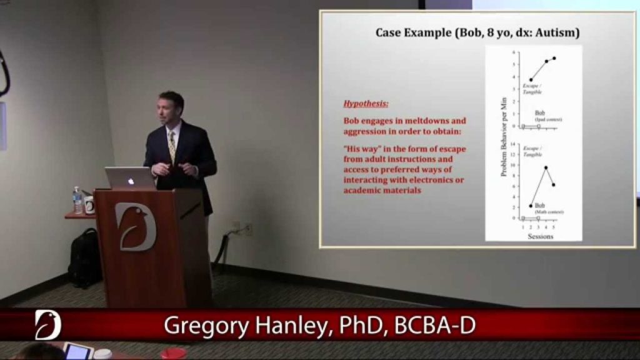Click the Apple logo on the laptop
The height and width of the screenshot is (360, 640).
[131, 181]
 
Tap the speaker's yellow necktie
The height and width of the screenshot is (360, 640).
[172, 147]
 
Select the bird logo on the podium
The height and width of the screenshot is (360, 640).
[135, 226]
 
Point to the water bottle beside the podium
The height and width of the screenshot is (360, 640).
[77, 201]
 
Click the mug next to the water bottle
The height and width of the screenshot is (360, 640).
[89, 205]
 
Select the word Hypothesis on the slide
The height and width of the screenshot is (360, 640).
[366, 104]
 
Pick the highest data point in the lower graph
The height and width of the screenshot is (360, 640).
[546, 167]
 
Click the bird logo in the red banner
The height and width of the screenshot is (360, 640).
[47, 324]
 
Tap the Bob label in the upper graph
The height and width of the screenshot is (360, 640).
[539, 113]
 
